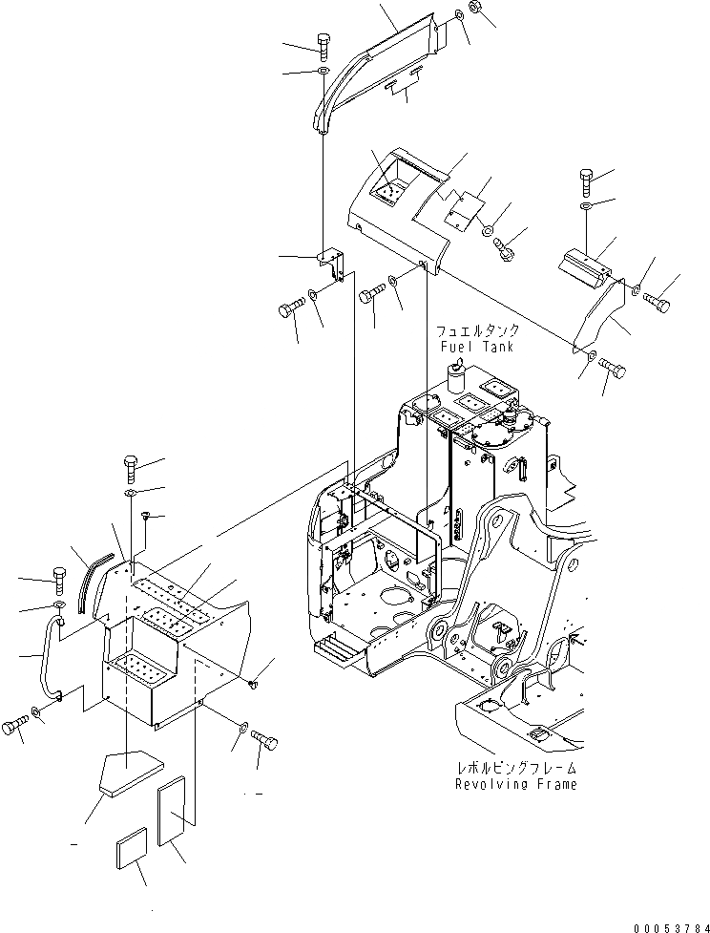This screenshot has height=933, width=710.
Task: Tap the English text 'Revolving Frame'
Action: pyautogui.click(x=515, y=784)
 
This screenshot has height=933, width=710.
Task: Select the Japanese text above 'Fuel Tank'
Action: pyautogui.click(x=475, y=331)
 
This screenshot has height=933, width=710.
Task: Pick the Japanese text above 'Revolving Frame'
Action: pyautogui.click(x=515, y=768)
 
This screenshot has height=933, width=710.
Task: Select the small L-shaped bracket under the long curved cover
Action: pyautogui.click(x=330, y=264)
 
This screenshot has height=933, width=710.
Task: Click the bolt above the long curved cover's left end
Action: pyautogui.click(x=322, y=43)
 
